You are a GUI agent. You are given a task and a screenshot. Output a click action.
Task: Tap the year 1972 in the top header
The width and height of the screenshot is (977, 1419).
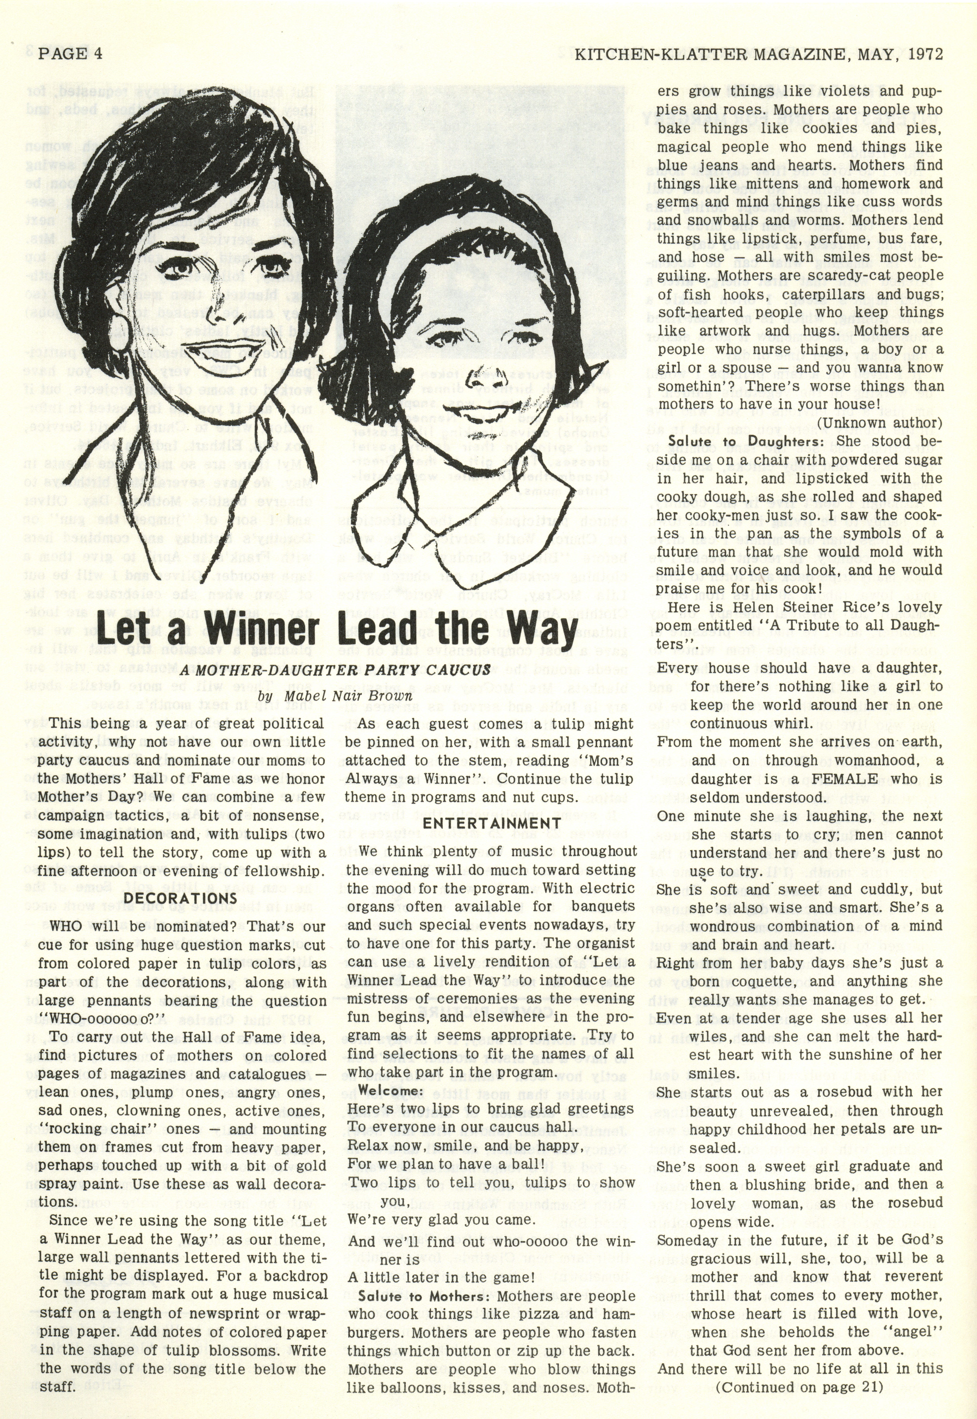tap(926, 54)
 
